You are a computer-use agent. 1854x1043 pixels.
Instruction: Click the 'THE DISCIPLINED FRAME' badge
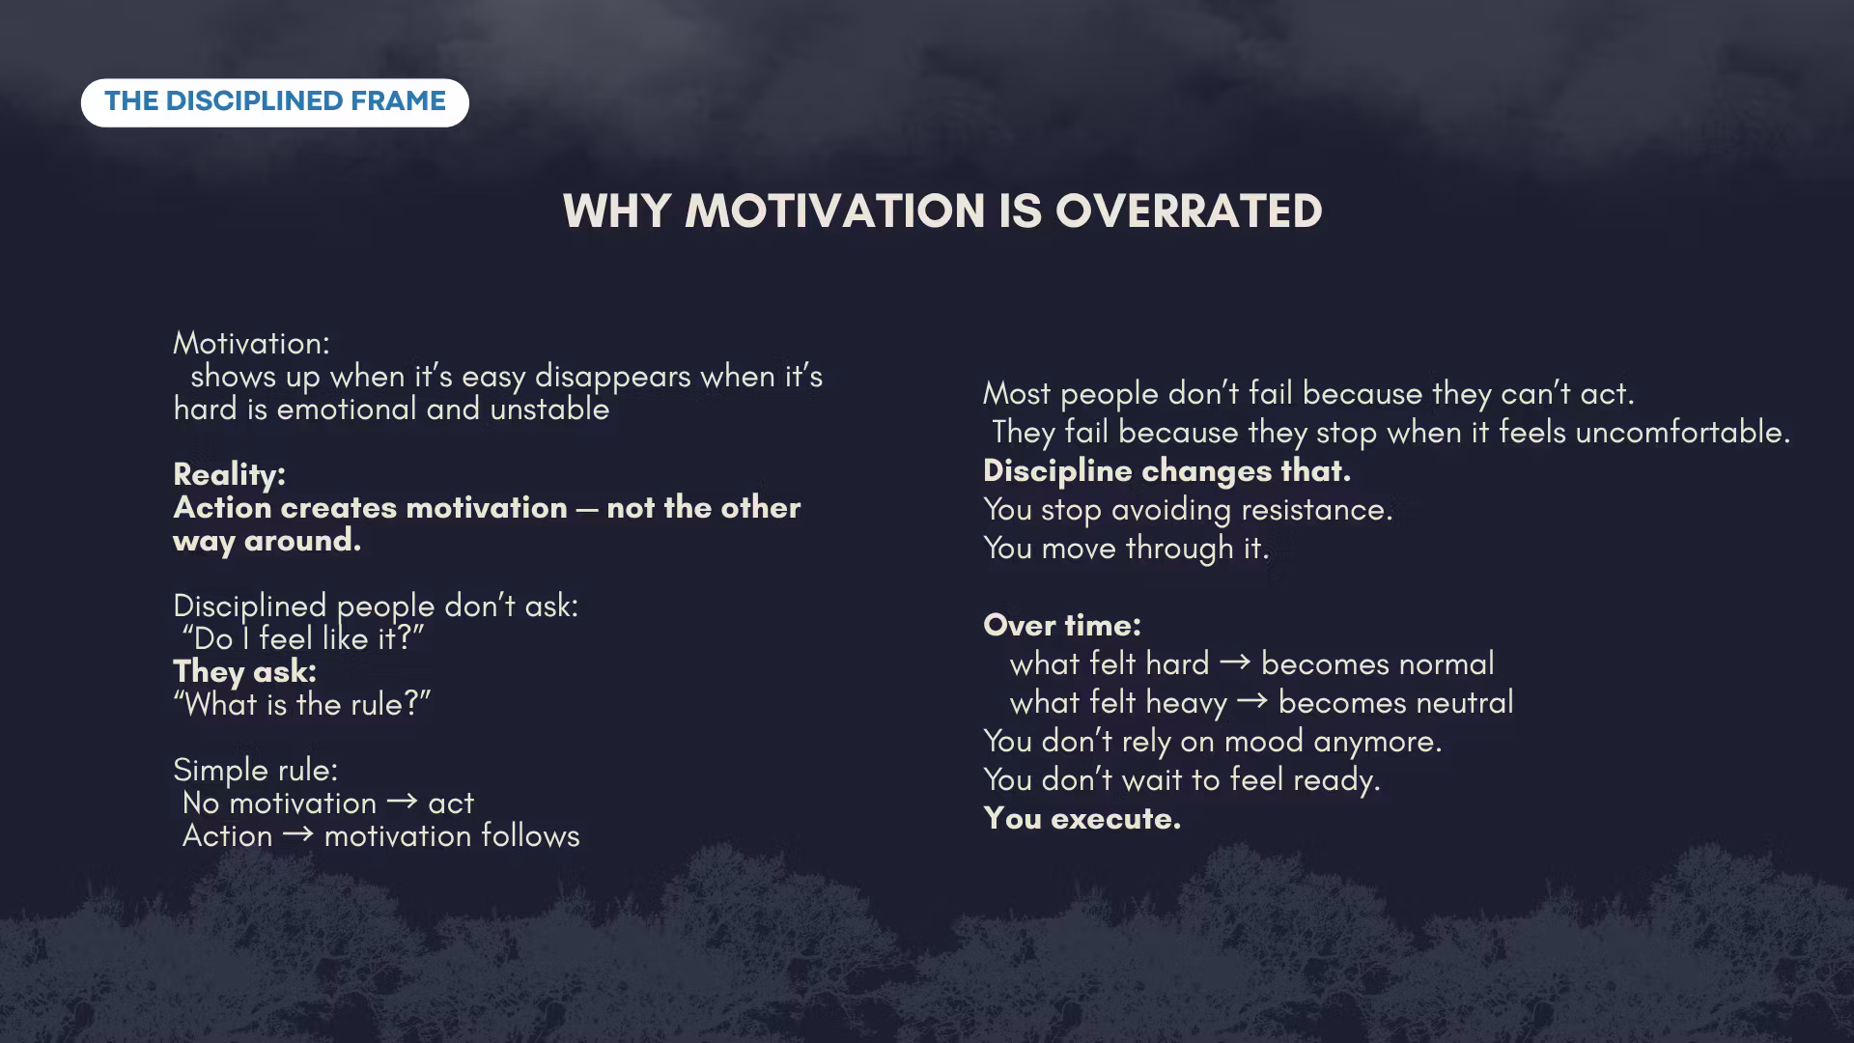(275, 102)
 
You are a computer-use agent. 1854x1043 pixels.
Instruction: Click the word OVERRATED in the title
(1189, 211)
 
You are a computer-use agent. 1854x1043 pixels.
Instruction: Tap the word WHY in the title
(616, 211)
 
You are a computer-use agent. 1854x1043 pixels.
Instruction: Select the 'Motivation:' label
(251, 343)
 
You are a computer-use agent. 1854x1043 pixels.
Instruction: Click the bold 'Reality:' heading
(229, 474)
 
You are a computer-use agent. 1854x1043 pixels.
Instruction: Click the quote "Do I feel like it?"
(303, 638)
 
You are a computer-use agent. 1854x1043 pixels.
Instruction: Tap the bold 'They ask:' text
(244, 671)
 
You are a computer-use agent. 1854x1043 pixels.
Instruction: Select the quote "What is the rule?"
(302, 704)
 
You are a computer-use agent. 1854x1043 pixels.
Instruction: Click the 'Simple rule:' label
(256, 770)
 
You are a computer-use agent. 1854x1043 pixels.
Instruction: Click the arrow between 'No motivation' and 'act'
(402, 802)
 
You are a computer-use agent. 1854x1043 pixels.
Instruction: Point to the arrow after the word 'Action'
(298, 834)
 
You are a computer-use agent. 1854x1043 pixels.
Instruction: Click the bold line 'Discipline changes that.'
(1166, 470)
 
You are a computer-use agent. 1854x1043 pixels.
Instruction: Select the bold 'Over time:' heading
(1062, 625)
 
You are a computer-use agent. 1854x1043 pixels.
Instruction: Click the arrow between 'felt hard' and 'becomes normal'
(1235, 662)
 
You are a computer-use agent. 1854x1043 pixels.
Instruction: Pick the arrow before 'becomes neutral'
(1252, 701)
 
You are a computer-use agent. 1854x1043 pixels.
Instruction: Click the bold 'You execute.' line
(1081, 818)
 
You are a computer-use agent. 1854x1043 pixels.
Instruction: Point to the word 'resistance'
(1317, 509)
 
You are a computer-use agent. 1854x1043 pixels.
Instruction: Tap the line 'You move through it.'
(1126, 548)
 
